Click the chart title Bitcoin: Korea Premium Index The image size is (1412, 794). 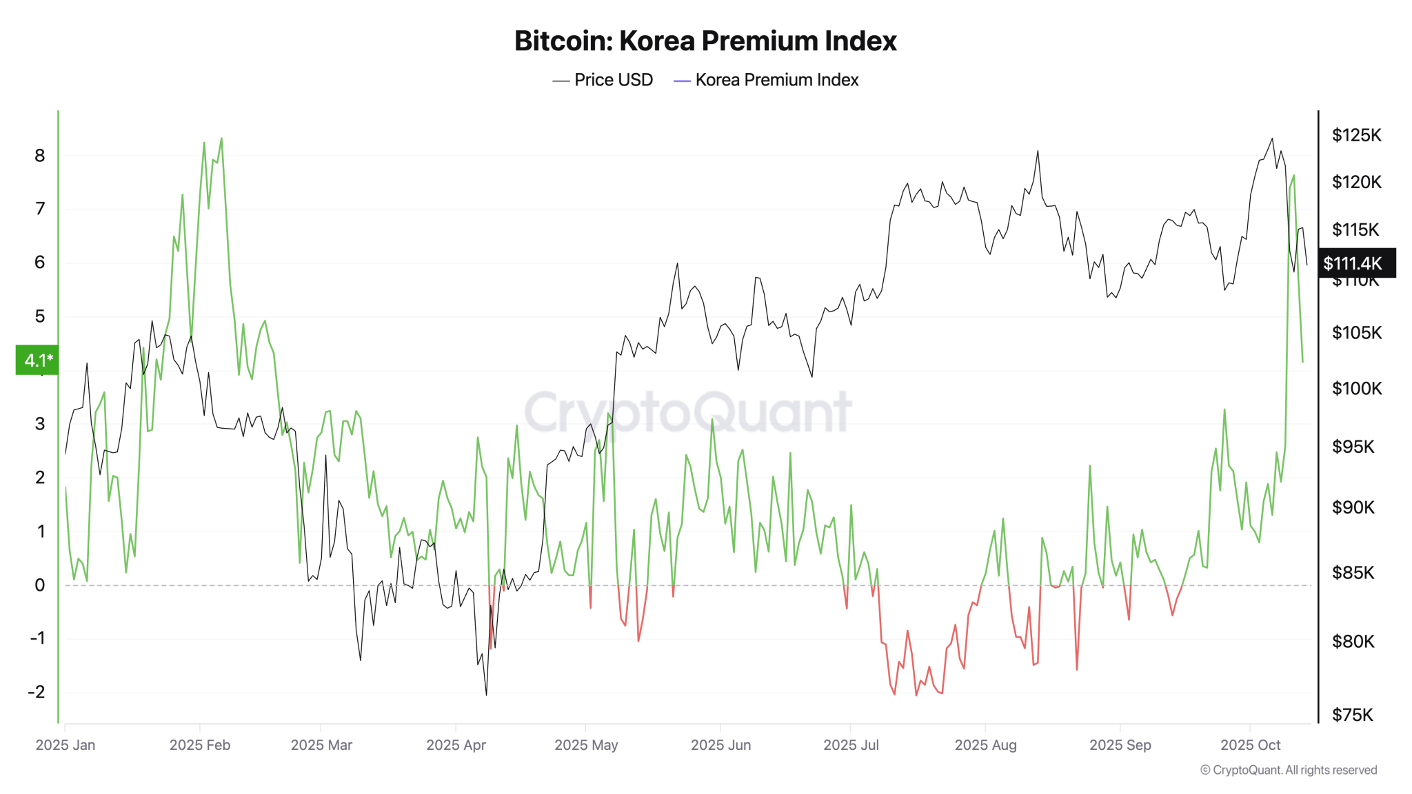[x=705, y=41]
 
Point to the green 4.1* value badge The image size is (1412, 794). [x=37, y=360]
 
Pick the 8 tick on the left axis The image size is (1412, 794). [x=40, y=156]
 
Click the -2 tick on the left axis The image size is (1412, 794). [x=37, y=692]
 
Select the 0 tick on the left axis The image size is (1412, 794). [x=40, y=585]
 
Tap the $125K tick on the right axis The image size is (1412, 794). [x=1356, y=135]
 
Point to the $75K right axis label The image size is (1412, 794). [x=1352, y=715]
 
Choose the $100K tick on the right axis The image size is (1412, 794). [x=1356, y=389]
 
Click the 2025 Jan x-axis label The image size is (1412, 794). [x=65, y=745]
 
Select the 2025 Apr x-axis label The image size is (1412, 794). [x=456, y=745]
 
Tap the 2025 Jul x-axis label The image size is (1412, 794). [x=851, y=745]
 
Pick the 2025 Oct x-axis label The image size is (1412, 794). [x=1250, y=745]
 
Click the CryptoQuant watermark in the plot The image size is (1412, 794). [x=688, y=412]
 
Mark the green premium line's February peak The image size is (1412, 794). [x=221, y=139]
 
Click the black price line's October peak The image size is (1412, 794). [x=1272, y=139]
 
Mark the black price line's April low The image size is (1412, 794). [x=486, y=694]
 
